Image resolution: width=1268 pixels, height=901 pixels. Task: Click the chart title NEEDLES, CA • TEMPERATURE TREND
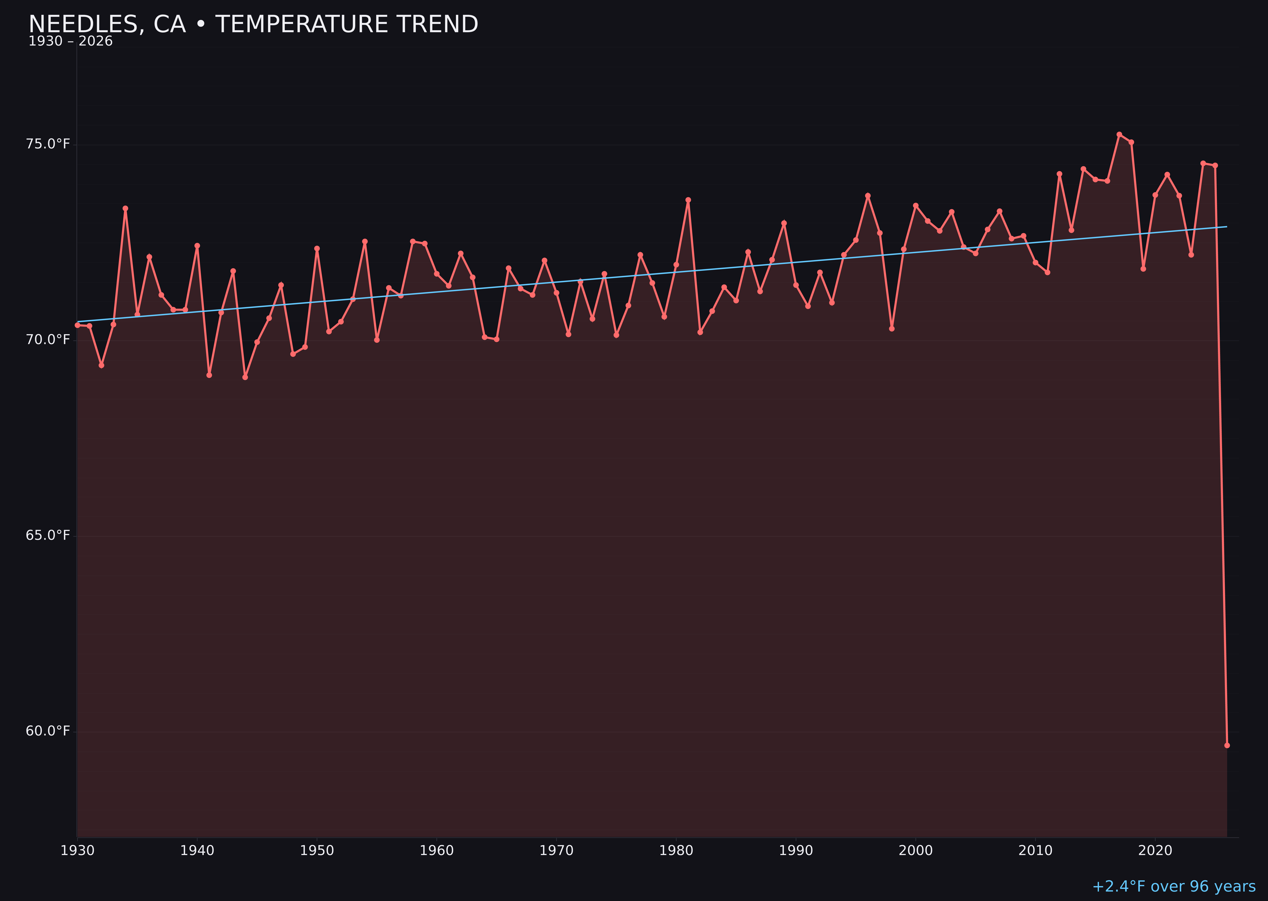coord(253,24)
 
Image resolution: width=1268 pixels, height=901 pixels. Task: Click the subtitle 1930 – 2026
coord(70,42)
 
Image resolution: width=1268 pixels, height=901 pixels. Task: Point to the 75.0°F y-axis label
coord(48,144)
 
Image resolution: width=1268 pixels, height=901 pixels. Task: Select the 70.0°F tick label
coord(48,340)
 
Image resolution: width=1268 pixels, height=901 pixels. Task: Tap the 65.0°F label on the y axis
coord(48,535)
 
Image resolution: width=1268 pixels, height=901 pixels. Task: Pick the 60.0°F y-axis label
coord(48,731)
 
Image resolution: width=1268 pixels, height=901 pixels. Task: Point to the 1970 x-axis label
coord(556,851)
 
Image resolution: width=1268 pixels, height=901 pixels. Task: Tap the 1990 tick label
coord(796,851)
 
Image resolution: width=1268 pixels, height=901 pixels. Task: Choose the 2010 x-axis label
coord(1035,851)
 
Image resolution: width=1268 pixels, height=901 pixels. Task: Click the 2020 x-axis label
coord(1155,851)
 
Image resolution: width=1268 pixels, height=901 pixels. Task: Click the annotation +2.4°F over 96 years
coord(1174,886)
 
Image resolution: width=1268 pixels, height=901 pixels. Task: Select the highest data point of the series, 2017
coord(1119,134)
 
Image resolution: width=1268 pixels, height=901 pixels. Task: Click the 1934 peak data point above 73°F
coord(126,208)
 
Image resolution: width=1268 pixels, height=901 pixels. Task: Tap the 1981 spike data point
coord(688,200)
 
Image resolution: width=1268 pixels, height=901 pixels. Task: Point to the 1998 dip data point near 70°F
coord(892,329)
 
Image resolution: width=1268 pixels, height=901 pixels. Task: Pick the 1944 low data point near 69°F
coord(245,377)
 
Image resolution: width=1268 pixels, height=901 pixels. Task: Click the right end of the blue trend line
coord(1226,227)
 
